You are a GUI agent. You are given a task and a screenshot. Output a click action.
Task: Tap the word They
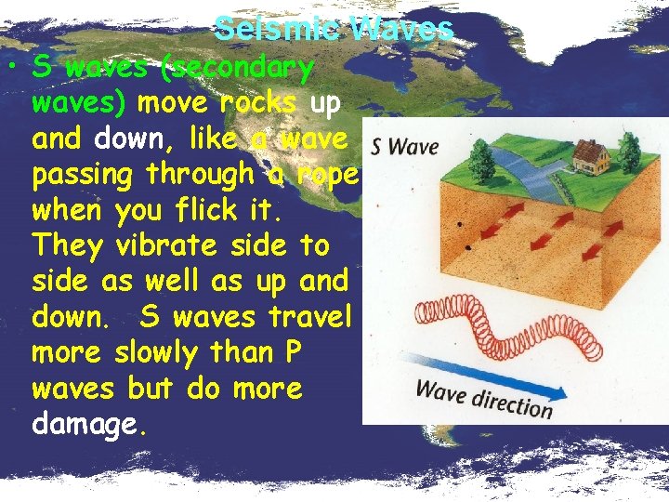[x=66, y=245]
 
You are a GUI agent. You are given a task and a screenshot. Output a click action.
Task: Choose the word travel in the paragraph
[x=308, y=317]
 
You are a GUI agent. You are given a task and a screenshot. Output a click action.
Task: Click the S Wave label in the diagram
[x=404, y=146]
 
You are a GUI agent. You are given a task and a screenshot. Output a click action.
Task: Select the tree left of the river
[x=481, y=160]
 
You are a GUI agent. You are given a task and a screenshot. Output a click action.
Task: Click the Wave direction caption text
[x=483, y=398]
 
